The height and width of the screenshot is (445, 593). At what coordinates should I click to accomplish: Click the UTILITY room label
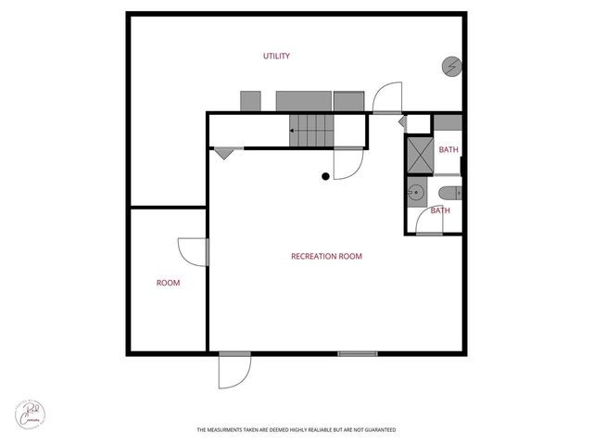277,57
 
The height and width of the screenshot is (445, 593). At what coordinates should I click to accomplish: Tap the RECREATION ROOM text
326,257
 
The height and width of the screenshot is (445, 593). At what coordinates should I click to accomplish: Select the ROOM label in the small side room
168,283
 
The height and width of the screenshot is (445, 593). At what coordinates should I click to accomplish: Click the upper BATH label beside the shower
448,150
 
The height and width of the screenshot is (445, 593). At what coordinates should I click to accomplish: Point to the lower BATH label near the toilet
440,210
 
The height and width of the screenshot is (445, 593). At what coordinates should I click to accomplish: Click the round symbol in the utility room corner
451,66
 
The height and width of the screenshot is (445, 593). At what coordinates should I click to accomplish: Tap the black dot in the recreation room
325,176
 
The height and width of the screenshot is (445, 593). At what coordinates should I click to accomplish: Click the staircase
311,131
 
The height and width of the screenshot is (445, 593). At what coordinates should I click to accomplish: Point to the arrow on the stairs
294,131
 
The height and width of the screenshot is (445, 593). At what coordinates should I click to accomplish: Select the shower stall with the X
420,154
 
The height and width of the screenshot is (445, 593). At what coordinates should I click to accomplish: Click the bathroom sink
417,193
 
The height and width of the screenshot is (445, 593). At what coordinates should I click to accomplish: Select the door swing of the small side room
192,250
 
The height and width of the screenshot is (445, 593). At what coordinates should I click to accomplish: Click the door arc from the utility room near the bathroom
388,96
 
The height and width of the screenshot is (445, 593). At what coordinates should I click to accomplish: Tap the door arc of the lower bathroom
429,220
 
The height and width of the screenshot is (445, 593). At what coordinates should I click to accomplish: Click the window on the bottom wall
358,353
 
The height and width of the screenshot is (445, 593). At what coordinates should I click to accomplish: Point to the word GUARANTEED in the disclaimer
377,430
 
